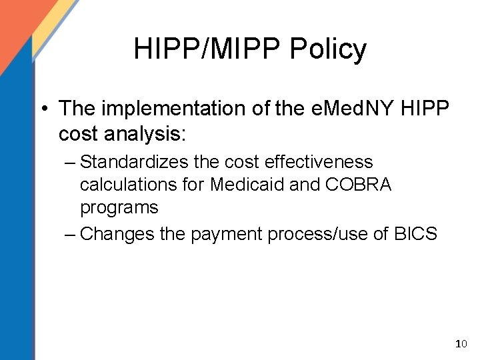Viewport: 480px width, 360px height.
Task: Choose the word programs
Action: coord(119,207)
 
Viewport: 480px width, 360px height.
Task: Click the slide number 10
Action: coord(461,344)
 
